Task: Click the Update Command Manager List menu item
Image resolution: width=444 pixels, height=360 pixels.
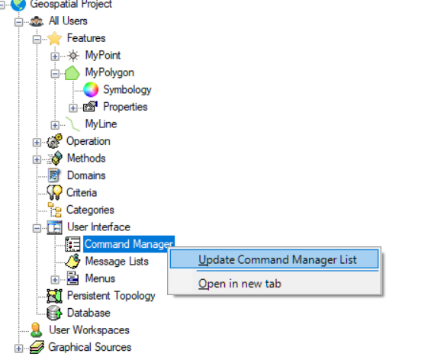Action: click(274, 259)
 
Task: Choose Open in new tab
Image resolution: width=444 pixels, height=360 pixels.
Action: click(240, 284)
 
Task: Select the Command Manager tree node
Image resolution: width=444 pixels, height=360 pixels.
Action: click(129, 244)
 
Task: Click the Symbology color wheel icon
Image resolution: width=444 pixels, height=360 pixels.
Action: click(91, 90)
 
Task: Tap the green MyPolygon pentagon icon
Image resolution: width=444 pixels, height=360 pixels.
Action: click(72, 72)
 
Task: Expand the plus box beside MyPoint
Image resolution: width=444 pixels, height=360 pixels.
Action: click(55, 56)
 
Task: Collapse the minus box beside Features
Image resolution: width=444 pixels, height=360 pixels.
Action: click(37, 39)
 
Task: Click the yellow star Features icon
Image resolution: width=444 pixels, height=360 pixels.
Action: click(55, 38)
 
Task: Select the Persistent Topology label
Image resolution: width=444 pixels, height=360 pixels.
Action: click(111, 296)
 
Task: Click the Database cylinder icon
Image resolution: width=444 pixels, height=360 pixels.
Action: click(54, 313)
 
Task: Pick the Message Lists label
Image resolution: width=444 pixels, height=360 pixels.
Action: click(117, 261)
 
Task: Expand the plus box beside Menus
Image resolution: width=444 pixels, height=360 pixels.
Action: click(55, 280)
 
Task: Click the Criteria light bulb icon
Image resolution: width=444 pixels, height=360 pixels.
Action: click(54, 193)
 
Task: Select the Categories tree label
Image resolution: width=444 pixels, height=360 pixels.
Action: click(90, 210)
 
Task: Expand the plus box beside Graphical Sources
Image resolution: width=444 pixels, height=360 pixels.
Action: click(18, 349)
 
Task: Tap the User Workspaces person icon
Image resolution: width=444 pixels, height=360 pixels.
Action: click(37, 330)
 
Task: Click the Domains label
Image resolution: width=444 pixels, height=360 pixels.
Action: click(86, 175)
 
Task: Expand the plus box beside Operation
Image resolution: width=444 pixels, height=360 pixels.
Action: click(37, 142)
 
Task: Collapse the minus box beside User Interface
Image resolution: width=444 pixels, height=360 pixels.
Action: click(37, 228)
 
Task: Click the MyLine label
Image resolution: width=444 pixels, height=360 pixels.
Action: click(101, 124)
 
